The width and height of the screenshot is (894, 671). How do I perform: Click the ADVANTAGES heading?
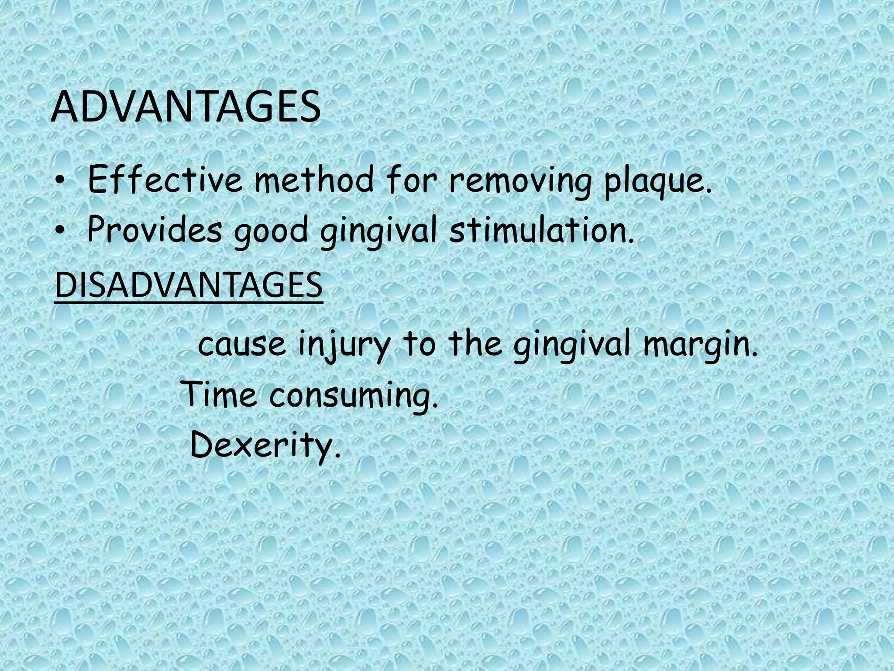(x=186, y=108)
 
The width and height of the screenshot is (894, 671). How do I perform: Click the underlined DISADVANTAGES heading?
(x=189, y=285)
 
